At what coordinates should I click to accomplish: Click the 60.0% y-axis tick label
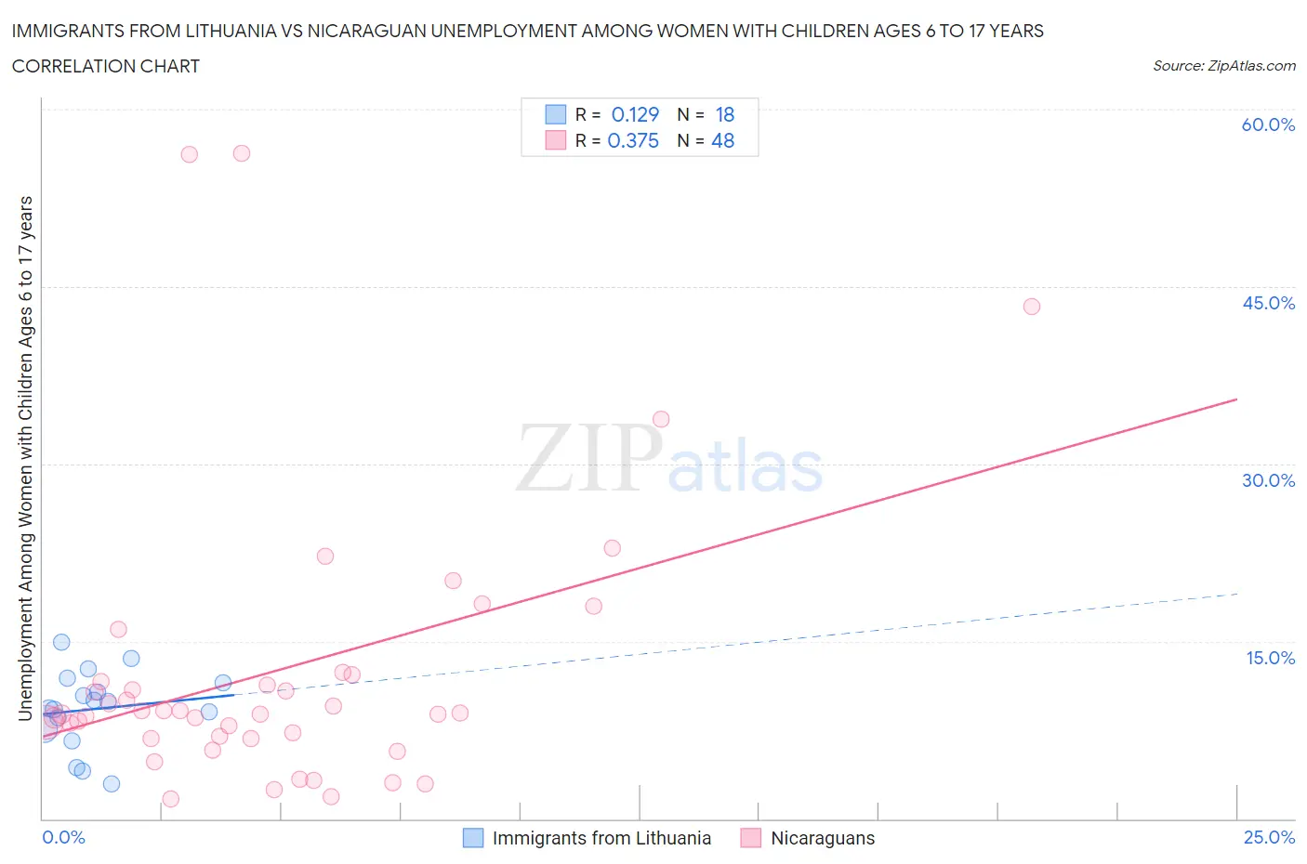point(1268,124)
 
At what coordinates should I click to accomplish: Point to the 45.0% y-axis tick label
point(1268,303)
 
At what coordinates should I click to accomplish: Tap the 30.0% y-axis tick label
point(1268,480)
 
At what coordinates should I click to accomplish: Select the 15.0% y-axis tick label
point(1270,658)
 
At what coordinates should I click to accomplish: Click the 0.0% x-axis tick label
point(63,837)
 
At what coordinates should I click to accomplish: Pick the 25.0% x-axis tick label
point(1269,837)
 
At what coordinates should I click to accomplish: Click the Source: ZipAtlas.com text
point(1223,65)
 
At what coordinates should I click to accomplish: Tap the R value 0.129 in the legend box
point(635,114)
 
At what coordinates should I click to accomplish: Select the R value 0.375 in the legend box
point(633,140)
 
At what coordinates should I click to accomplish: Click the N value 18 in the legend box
point(725,114)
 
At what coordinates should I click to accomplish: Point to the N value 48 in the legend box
point(722,140)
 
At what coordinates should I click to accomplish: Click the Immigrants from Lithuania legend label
point(601,838)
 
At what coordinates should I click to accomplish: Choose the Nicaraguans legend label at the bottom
point(823,838)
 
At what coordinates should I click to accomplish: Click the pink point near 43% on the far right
point(1031,307)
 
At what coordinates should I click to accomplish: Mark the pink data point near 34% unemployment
point(661,419)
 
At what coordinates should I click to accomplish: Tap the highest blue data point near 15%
point(61,642)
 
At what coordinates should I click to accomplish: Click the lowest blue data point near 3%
point(112,783)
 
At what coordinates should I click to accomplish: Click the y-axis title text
point(26,458)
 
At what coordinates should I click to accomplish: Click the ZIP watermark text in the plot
point(589,457)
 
